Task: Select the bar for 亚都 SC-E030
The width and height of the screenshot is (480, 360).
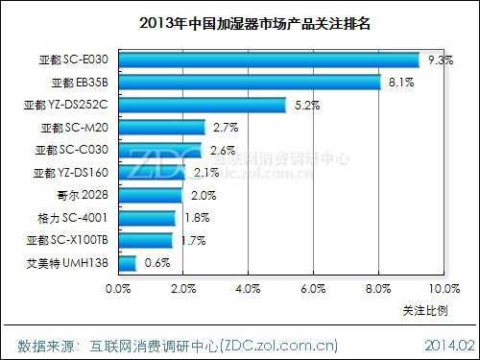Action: coord(269,60)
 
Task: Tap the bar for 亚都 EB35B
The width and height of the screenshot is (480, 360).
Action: coord(250,83)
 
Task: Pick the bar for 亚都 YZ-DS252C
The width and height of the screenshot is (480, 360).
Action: coord(202,106)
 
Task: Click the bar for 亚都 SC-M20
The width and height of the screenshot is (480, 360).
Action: coord(161,128)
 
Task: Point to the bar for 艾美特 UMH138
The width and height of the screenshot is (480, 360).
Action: coord(127,263)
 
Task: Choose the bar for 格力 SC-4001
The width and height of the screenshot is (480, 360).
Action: coord(147,218)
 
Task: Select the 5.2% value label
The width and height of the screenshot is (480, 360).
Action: coord(304,105)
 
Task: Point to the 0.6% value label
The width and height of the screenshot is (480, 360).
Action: coord(156,263)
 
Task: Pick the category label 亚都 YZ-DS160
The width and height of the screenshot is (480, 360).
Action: coord(70,173)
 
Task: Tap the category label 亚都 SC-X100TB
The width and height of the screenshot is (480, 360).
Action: coord(67,240)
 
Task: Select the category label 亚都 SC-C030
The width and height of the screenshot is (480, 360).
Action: coord(70,150)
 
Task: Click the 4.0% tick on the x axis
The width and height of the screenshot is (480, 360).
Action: coord(248,287)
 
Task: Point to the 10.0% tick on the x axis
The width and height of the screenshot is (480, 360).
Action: coord(443,287)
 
